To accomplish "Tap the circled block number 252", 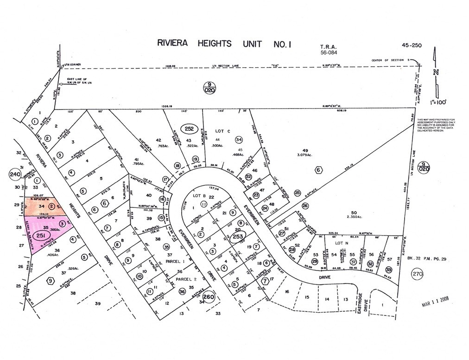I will (x=189, y=129).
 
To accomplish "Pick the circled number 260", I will (x=209, y=297).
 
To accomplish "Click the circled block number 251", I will (x=40, y=236).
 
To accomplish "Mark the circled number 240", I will (x=14, y=174).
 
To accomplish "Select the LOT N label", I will (x=342, y=243).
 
